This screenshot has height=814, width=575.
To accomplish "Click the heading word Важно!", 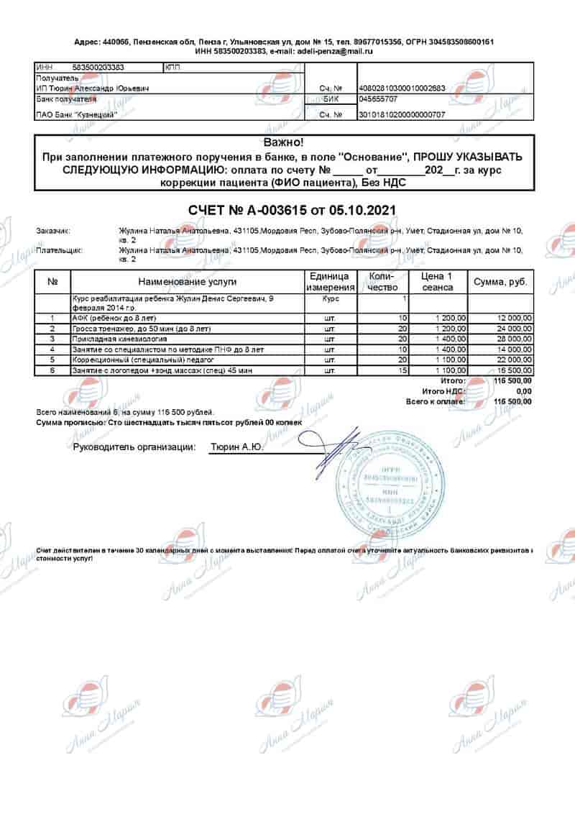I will click(x=284, y=143).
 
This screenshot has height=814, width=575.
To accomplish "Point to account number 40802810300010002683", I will click(x=402, y=88).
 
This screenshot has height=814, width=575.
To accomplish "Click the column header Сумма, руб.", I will click(x=501, y=282).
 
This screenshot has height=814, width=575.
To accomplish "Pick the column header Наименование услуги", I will click(x=187, y=282).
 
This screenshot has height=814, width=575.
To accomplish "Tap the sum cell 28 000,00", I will click(x=512, y=338).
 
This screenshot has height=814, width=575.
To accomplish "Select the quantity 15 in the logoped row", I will click(x=403, y=370).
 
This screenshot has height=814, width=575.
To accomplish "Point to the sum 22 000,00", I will click(x=512, y=360).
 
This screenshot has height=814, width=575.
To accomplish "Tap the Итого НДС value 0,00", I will click(x=524, y=390).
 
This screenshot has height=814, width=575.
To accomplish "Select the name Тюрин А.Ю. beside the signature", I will click(x=236, y=447).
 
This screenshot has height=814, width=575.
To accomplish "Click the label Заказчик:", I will click(x=52, y=232).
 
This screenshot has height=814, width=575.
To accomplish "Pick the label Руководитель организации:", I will click(x=134, y=447).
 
